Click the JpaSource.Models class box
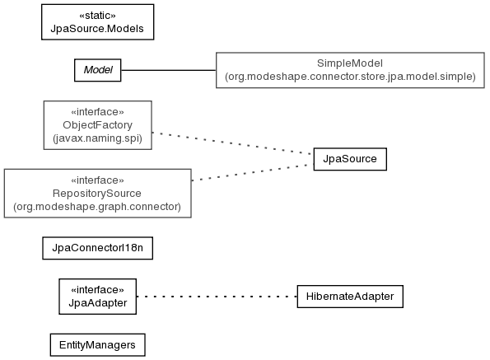97,22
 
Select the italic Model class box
97,70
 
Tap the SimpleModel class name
350,63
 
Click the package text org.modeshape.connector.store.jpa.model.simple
350,77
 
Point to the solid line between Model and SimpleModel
169,70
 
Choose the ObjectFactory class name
97,125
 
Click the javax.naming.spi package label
97,138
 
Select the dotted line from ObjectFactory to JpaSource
232,143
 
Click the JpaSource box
350,159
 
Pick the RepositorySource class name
97,194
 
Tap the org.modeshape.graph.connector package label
97,207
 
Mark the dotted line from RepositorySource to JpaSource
253,172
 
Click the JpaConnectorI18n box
97,248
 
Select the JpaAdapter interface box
97,297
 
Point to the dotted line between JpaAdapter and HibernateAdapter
217,297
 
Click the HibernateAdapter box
350,297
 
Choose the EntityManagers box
97,345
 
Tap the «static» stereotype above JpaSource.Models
97,16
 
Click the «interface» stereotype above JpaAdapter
97,290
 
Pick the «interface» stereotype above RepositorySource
97,180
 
